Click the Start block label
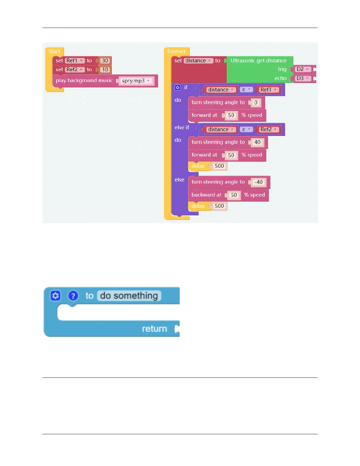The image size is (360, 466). coord(54,51)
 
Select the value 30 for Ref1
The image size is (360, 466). coord(105,61)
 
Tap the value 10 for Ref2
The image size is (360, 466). coord(105,70)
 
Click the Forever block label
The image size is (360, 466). coord(176,51)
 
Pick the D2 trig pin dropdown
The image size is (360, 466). coord(303,69)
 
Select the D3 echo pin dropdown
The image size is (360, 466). coord(303,78)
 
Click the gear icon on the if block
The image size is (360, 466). coord(177,88)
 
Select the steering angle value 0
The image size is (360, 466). coord(256,102)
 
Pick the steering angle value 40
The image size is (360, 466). coord(257,142)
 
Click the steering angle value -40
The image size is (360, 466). coord(259,182)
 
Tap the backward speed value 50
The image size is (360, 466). coord(234,195)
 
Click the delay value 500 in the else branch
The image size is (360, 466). coord(219,206)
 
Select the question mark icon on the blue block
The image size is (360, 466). coord(73,296)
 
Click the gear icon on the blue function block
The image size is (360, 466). coord(56,296)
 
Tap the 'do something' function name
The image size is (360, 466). coord(129,296)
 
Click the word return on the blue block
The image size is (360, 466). coord(154,329)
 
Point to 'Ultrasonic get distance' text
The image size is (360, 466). coord(258,61)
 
